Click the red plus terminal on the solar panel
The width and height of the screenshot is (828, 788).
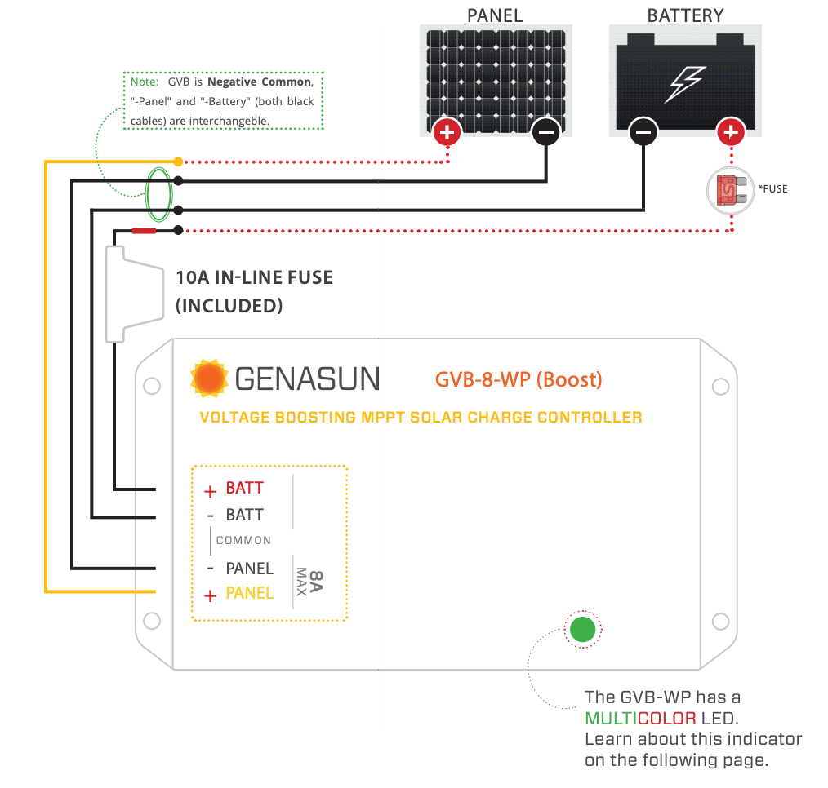point(447,132)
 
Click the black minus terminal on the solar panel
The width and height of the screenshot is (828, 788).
point(546,132)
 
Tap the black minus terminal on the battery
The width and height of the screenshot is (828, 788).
point(643,131)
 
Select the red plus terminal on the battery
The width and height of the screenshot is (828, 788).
point(731,131)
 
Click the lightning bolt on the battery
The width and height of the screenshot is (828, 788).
point(685,84)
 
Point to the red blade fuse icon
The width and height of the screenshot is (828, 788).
point(731,190)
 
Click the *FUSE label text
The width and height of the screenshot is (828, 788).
point(772,188)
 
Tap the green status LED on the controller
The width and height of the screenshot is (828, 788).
point(582,629)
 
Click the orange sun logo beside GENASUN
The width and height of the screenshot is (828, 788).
point(209,379)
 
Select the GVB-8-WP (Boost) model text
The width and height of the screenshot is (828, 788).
point(519,380)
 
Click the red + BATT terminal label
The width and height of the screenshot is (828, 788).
point(234,489)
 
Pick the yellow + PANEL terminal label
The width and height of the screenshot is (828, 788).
point(238,594)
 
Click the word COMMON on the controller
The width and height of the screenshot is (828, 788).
point(243,540)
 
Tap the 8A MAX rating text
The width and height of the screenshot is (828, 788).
point(309,582)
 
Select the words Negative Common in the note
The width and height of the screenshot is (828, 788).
point(260,82)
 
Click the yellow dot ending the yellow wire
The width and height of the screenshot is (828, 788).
point(179,162)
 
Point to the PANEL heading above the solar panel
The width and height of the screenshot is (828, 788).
point(495,15)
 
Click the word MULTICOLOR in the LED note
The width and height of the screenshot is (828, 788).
point(640,719)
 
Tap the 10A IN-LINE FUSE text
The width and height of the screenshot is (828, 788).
point(255,277)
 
